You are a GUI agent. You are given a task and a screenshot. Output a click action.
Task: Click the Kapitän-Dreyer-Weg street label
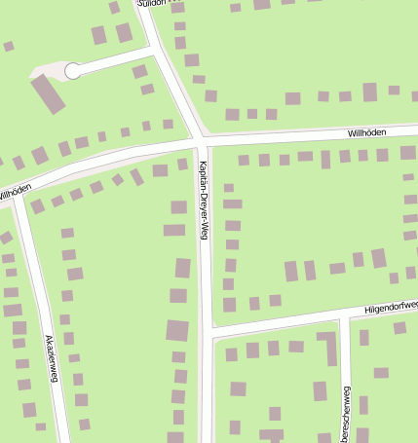coord(204,200)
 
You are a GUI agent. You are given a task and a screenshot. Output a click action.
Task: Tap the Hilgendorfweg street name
coord(390,307)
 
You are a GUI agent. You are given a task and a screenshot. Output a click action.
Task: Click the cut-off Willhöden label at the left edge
coord(14,192)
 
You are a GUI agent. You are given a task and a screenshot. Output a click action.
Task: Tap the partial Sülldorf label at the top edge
coord(157,4)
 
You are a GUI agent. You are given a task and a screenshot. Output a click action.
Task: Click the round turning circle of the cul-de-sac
coord(72,70)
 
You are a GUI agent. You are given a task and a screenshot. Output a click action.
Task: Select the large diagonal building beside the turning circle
coord(48,93)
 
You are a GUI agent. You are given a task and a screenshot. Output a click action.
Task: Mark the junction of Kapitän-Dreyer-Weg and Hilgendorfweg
coord(206,328)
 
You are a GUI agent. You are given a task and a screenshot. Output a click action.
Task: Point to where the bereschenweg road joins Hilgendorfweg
coord(342,315)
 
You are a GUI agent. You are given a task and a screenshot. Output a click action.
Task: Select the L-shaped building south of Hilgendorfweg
coord(327,346)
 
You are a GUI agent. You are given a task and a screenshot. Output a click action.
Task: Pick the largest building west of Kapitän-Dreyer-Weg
coord(177,330)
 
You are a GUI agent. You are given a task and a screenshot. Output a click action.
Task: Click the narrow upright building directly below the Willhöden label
coord(369,92)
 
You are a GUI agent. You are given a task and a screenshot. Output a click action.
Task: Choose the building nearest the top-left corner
coord(9,46)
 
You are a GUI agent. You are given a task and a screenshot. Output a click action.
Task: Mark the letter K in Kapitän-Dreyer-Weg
coord(202,163)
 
